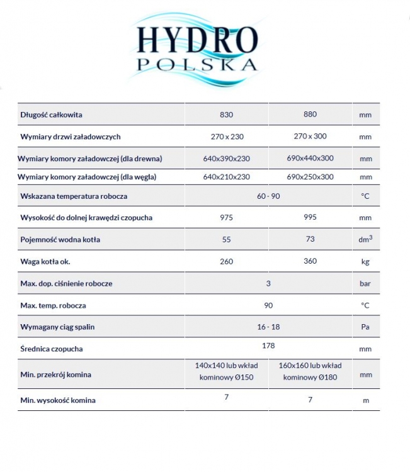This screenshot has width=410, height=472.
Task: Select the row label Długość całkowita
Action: [x=51, y=115]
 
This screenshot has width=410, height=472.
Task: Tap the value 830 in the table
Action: [x=227, y=115]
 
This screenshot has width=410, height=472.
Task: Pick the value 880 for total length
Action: [x=310, y=115]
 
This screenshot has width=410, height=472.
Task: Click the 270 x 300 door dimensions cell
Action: [x=310, y=136]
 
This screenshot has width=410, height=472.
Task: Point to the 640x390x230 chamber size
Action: [x=227, y=159]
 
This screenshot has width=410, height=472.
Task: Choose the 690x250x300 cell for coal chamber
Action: [x=310, y=177]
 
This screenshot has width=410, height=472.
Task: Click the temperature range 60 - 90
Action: [x=268, y=196]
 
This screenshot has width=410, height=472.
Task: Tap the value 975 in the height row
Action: [x=227, y=218]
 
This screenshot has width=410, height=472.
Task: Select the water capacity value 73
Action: [x=310, y=239]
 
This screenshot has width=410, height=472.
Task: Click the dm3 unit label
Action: [x=365, y=239]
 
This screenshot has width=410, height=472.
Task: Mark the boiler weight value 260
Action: [x=227, y=261]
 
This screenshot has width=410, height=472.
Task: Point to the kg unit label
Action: [x=365, y=261]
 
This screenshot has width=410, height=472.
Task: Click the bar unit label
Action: [x=365, y=283]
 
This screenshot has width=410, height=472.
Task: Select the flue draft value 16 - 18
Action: [x=268, y=327]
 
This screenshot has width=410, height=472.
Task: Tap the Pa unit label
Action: [x=365, y=327]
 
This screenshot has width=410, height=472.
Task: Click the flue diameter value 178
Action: [x=268, y=346]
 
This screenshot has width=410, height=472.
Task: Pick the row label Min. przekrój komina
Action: [x=55, y=374]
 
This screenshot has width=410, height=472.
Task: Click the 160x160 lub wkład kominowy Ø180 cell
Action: [x=310, y=371]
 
